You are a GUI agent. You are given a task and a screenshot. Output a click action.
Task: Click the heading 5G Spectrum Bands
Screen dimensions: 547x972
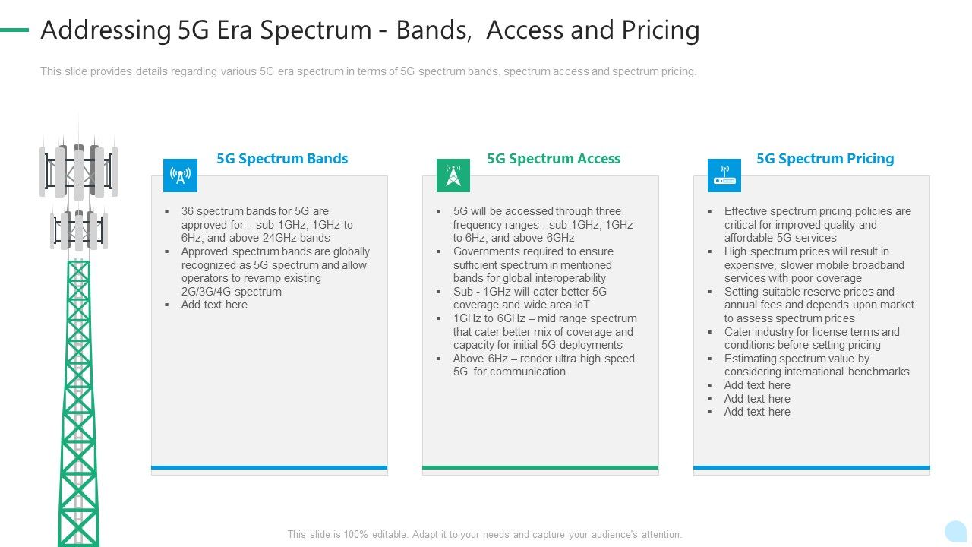click(282, 159)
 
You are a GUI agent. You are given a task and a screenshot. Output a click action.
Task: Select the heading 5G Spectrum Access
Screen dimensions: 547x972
click(553, 159)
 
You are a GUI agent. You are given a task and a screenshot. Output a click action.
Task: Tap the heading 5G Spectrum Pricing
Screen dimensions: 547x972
click(825, 159)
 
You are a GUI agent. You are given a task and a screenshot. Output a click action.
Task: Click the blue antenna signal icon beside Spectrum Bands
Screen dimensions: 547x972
click(180, 175)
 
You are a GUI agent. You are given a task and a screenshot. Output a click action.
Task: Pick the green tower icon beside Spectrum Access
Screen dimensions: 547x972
click(453, 175)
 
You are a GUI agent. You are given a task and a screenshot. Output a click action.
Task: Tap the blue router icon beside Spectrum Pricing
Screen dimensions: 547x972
click(724, 175)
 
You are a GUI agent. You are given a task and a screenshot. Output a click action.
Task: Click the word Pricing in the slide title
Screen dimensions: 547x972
click(658, 30)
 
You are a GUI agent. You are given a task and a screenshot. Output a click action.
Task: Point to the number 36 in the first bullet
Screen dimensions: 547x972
click(188, 211)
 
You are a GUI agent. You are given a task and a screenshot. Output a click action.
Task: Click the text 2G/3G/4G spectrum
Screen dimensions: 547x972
click(231, 292)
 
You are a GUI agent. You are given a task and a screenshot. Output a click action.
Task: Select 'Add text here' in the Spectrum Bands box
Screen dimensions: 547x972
click(214, 305)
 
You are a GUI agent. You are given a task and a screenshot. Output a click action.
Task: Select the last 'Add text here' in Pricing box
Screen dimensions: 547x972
click(757, 412)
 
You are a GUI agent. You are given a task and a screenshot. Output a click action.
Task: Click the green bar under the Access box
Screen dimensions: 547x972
click(540, 467)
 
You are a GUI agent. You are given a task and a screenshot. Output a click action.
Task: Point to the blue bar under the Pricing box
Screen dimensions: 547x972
click(811, 467)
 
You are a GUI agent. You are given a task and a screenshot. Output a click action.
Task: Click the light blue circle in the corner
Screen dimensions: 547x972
click(955, 531)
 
